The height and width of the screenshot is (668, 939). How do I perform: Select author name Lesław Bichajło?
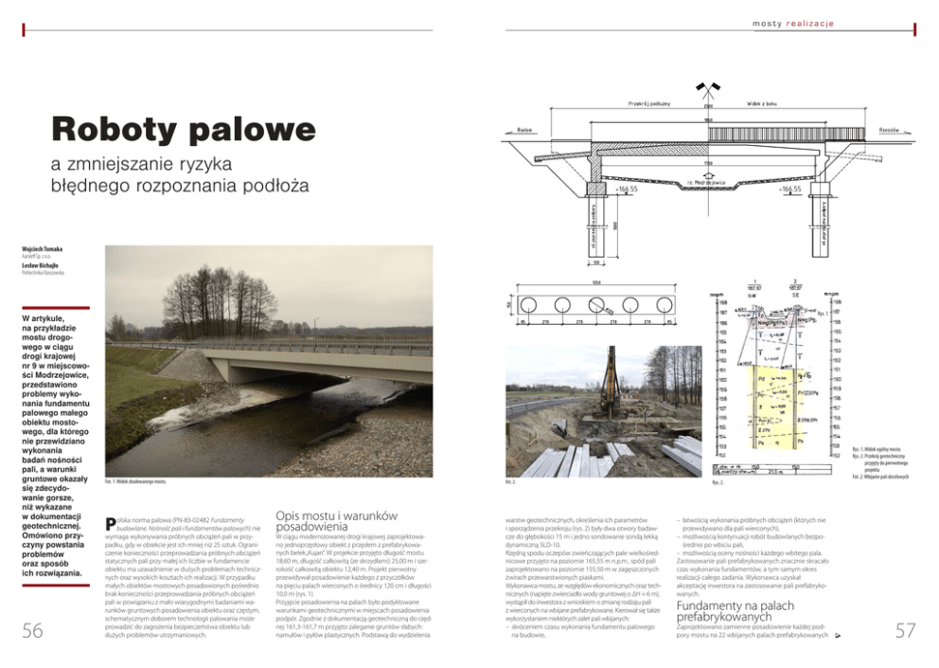[x=42, y=266]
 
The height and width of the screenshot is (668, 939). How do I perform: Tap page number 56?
[x=33, y=631]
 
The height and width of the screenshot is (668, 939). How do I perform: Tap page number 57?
[x=905, y=631]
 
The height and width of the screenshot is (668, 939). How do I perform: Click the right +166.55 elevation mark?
[x=788, y=189]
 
